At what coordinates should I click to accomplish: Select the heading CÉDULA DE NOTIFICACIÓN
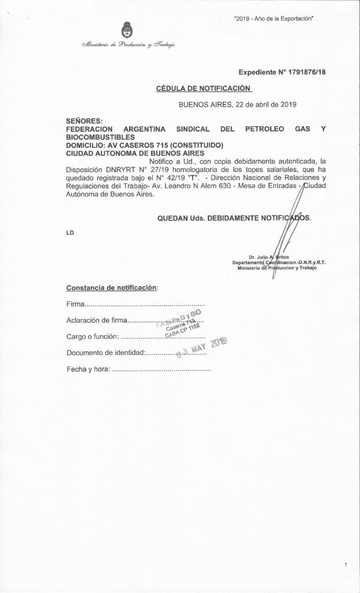click(204, 88)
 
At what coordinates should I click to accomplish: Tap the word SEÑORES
click(84, 120)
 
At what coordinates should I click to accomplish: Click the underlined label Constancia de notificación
click(112, 287)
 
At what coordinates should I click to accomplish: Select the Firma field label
click(76, 303)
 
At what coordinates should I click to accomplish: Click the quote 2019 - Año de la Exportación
click(274, 19)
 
